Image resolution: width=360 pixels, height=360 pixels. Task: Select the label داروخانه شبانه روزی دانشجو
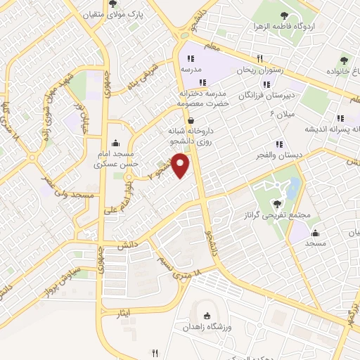(185, 137)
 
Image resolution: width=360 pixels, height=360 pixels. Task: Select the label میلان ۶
(282, 114)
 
